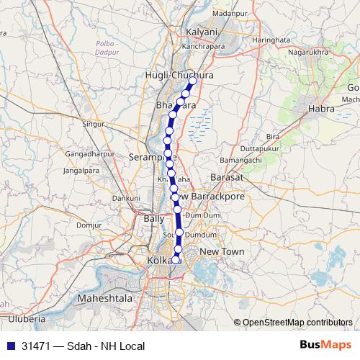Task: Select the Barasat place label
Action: [223, 176]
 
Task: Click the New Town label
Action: [222, 251]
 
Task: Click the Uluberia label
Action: [27, 318]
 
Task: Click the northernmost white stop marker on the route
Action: [193, 81]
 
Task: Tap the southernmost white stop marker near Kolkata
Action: [176, 259]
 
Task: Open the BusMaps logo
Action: [326, 346]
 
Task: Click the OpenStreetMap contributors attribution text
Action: [297, 323]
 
